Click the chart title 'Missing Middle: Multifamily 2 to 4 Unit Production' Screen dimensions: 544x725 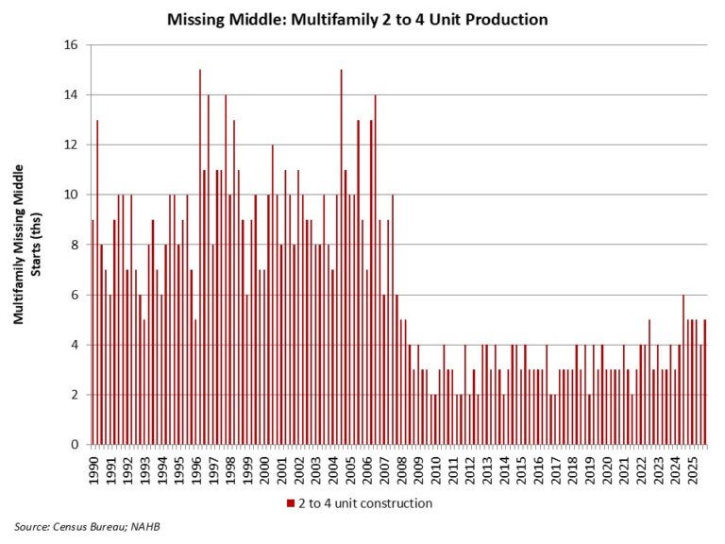click(x=357, y=18)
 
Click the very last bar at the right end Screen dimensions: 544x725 click(x=704, y=382)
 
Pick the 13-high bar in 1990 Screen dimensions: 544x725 click(x=97, y=282)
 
